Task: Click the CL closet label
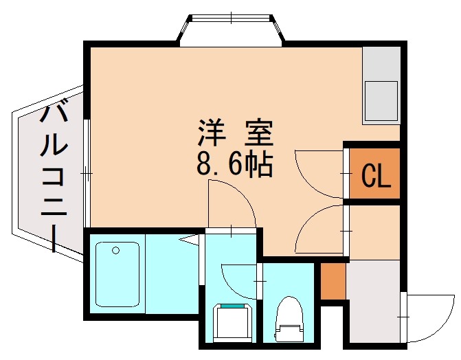[x=376, y=177]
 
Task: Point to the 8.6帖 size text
[x=236, y=165]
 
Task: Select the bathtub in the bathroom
[x=118, y=273]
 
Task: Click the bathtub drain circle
[x=115, y=249]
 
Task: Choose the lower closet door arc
[x=317, y=230]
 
